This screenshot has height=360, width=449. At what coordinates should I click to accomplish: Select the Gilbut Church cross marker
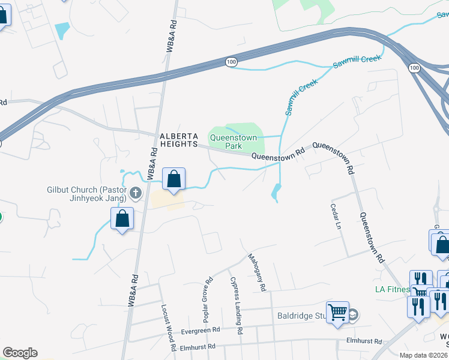tap(135, 193)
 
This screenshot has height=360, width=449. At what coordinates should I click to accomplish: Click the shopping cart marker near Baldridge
tap(337, 311)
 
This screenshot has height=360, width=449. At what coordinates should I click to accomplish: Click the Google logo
tap(20, 353)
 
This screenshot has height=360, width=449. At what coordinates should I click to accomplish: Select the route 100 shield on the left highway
tap(232, 62)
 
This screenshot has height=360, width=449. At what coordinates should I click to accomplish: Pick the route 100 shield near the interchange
tap(414, 68)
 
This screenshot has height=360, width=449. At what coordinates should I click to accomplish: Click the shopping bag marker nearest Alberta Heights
tap(173, 179)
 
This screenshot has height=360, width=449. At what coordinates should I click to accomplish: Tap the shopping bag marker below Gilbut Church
tap(122, 220)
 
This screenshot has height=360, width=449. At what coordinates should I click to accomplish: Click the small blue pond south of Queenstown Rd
tap(276, 192)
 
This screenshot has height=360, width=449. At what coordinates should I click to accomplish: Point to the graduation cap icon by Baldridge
tap(353, 314)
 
